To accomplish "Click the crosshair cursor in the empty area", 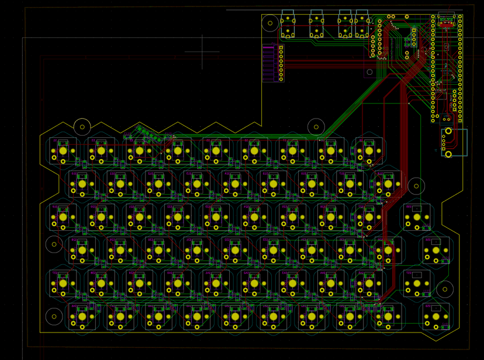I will click(x=203, y=51).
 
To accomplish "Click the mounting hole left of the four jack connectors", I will click(x=270, y=24).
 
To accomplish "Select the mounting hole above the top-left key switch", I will click(x=83, y=126).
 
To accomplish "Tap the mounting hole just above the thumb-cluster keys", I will click(x=417, y=187).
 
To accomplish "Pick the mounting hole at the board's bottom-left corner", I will click(x=54, y=316).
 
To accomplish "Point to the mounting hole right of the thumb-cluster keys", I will click(x=445, y=289).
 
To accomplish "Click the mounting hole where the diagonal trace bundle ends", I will click(x=316, y=126).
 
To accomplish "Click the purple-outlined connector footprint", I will click(x=268, y=63).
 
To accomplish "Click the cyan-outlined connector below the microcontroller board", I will click(x=454, y=142).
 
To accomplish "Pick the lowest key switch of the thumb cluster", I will click(x=435, y=316).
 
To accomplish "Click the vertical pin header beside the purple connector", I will click(x=281, y=63).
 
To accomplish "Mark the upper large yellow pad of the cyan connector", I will click(x=448, y=131).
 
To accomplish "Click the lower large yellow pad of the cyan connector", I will click(x=448, y=154).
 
